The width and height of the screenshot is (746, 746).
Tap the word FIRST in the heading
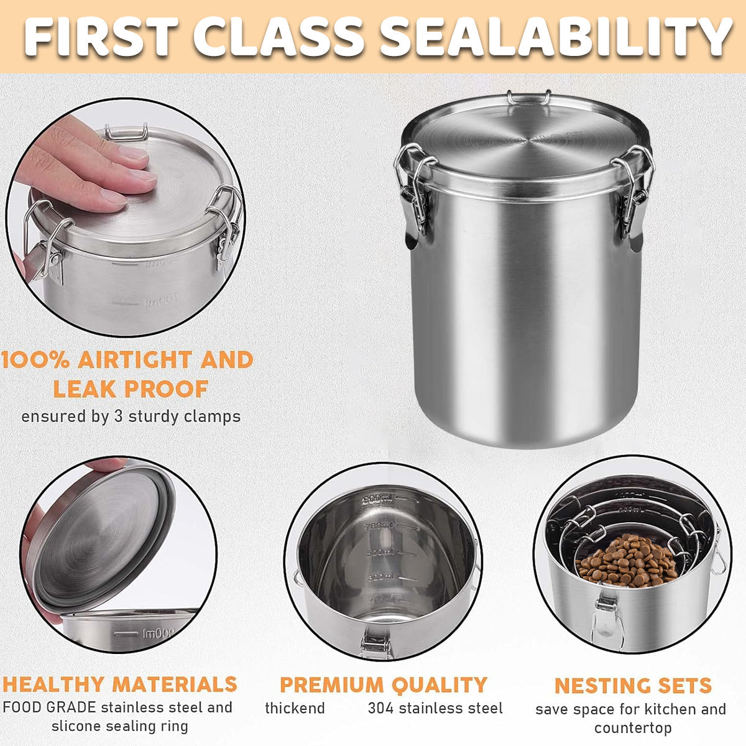pos(103,35)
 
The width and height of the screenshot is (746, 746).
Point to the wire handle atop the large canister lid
pos(528,98)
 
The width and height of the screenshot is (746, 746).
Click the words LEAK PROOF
pos(130,389)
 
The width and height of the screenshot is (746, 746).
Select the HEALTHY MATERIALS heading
pos(119,684)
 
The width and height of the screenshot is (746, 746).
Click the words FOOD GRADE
pos(49,707)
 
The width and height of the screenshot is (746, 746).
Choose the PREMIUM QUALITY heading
pos(383,684)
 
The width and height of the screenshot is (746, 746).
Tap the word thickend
pos(295,708)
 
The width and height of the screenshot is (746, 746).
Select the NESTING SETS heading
pos(632,686)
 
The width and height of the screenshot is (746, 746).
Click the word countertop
pos(632,727)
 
